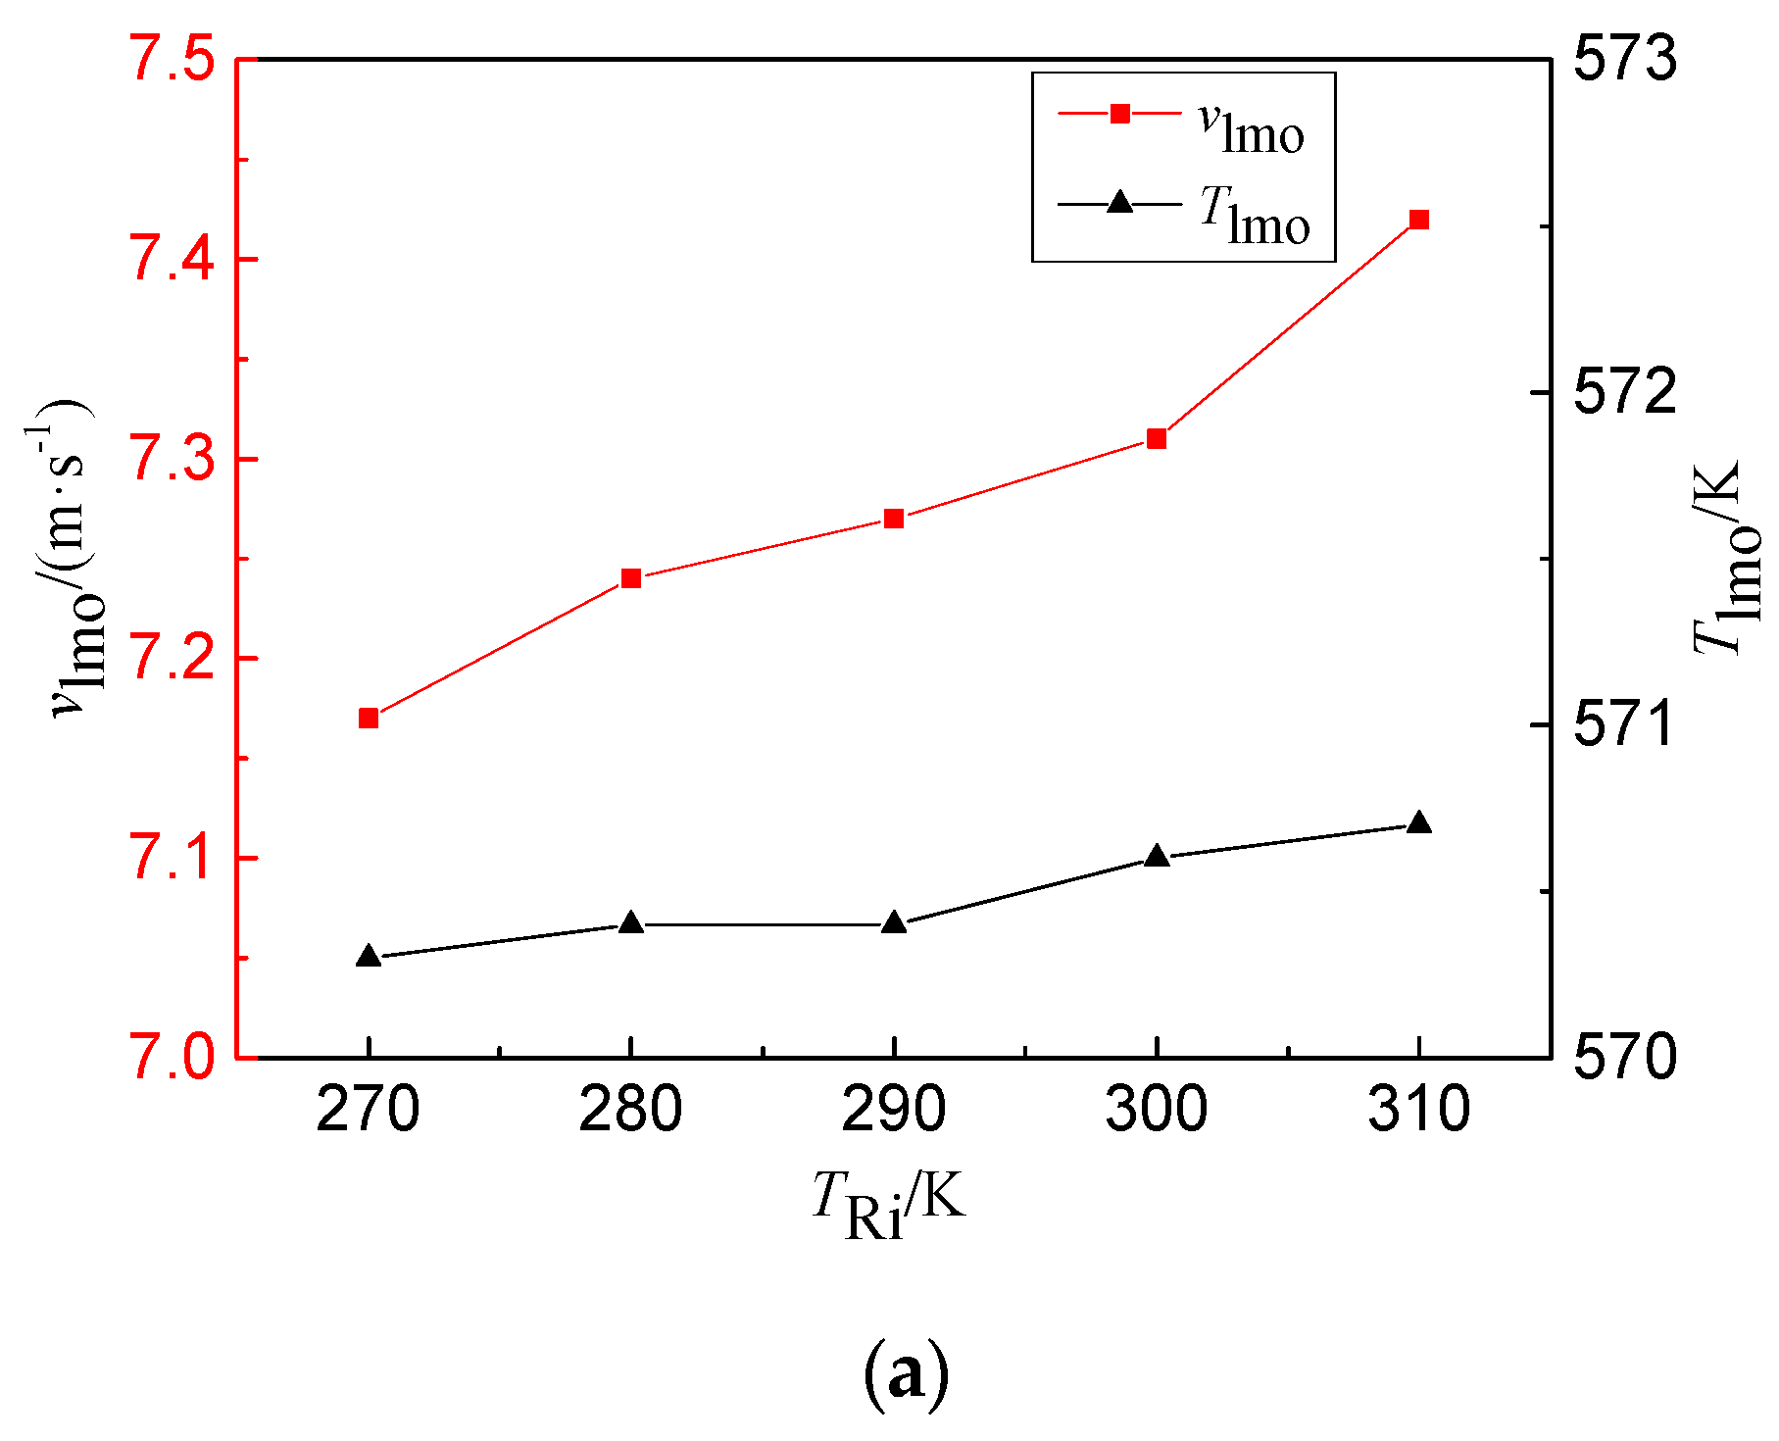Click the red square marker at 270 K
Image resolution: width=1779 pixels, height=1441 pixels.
click(369, 719)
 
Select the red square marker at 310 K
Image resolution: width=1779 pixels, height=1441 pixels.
click(1418, 220)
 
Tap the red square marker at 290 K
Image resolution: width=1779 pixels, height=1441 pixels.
click(894, 519)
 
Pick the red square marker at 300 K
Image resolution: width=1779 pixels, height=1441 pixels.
click(1157, 438)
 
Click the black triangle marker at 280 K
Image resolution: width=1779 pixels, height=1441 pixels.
click(631, 923)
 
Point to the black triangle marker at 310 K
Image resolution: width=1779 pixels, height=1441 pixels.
click(1418, 822)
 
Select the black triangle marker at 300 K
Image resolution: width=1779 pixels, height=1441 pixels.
click(1157, 856)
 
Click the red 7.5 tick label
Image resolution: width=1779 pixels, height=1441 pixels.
click(173, 61)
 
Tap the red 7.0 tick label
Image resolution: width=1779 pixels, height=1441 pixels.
click(173, 1057)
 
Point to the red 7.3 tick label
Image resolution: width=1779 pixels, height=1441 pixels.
click(173, 459)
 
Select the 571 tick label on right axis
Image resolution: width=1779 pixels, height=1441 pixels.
click(1625, 724)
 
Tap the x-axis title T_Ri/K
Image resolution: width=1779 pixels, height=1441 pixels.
click(889, 1204)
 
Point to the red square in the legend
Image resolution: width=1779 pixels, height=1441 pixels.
click(1120, 114)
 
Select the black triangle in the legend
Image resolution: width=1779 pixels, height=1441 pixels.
click(1120, 203)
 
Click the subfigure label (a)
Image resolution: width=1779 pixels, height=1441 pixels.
click(906, 1373)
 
